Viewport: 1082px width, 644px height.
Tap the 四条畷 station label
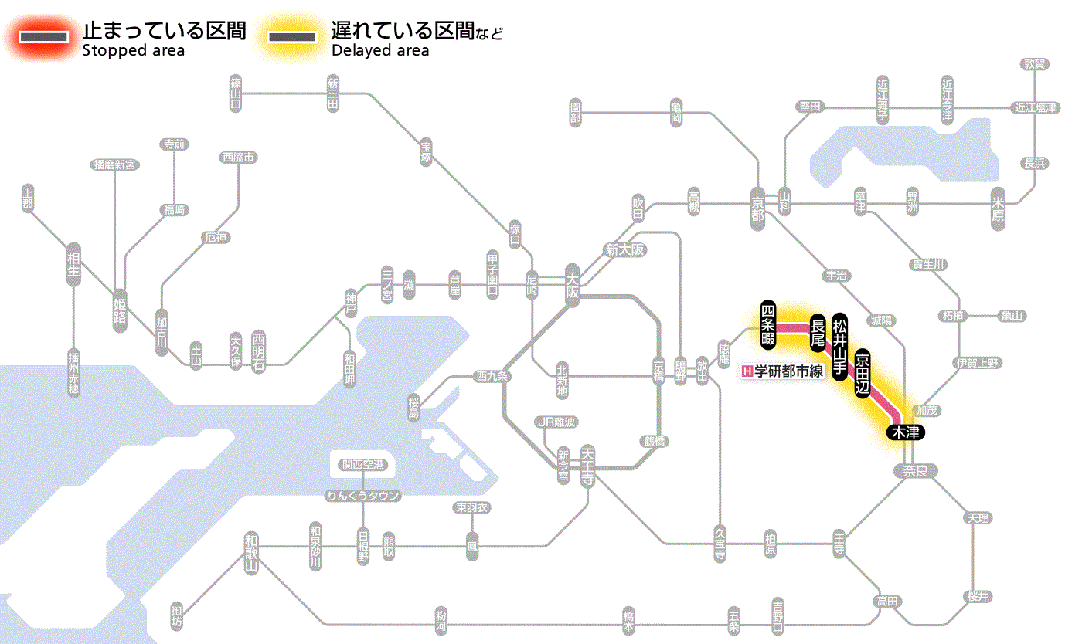point(767,322)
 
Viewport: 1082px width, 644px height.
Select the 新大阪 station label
point(624,250)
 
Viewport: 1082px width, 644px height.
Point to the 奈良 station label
point(915,471)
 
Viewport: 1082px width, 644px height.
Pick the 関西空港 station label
point(362,465)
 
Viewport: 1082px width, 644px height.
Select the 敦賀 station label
point(1034,64)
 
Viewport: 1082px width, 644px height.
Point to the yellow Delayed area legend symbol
point(291,37)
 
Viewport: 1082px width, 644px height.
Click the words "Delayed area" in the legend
point(380,51)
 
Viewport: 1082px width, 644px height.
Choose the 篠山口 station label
point(236,93)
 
